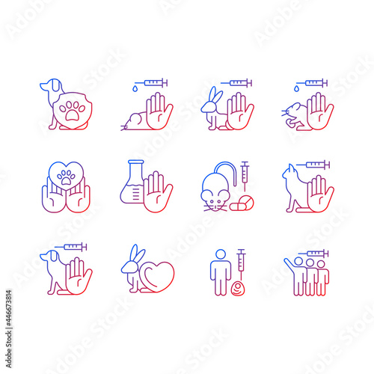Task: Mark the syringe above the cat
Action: tap(314, 165)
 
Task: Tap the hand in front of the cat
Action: tap(320, 193)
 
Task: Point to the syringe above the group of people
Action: tap(313, 254)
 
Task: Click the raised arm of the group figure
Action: tap(289, 263)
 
